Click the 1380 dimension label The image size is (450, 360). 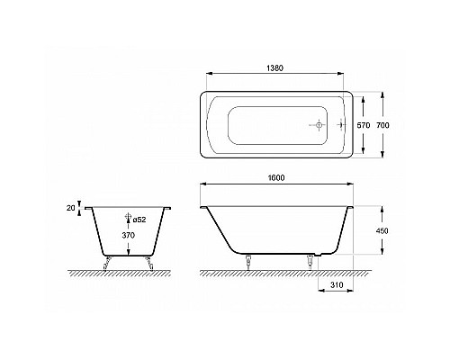coord(274,68)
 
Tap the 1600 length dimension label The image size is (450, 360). coord(276,177)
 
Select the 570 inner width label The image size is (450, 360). coord(364,125)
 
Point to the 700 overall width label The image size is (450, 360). coord(382,125)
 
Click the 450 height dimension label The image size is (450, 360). coord(382,230)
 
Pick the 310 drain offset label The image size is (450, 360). coord(337,284)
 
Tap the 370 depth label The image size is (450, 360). coord(129,236)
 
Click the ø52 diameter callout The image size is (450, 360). coord(139,220)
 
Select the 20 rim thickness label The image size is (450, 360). coord(70,208)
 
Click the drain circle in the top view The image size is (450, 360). coord(319,124)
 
